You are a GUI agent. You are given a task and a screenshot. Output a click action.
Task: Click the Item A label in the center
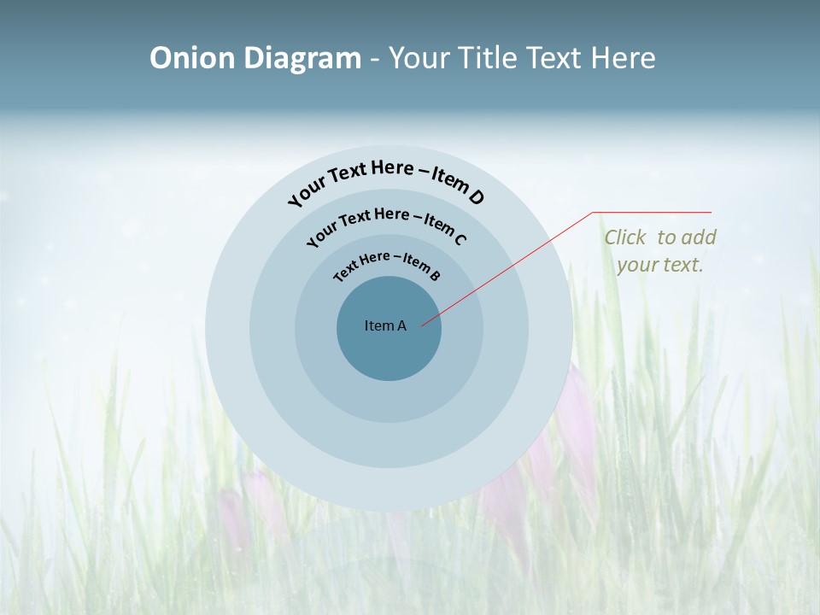385,325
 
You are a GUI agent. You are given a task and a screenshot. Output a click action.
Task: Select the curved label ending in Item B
387,264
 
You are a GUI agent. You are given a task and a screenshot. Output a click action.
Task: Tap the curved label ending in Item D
386,178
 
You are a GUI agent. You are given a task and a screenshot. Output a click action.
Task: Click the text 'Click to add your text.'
659,251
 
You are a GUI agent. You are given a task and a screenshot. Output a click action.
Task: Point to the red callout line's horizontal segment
652,212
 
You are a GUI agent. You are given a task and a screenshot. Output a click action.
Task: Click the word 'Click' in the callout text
626,237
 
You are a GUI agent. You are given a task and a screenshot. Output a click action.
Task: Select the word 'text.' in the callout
683,265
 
